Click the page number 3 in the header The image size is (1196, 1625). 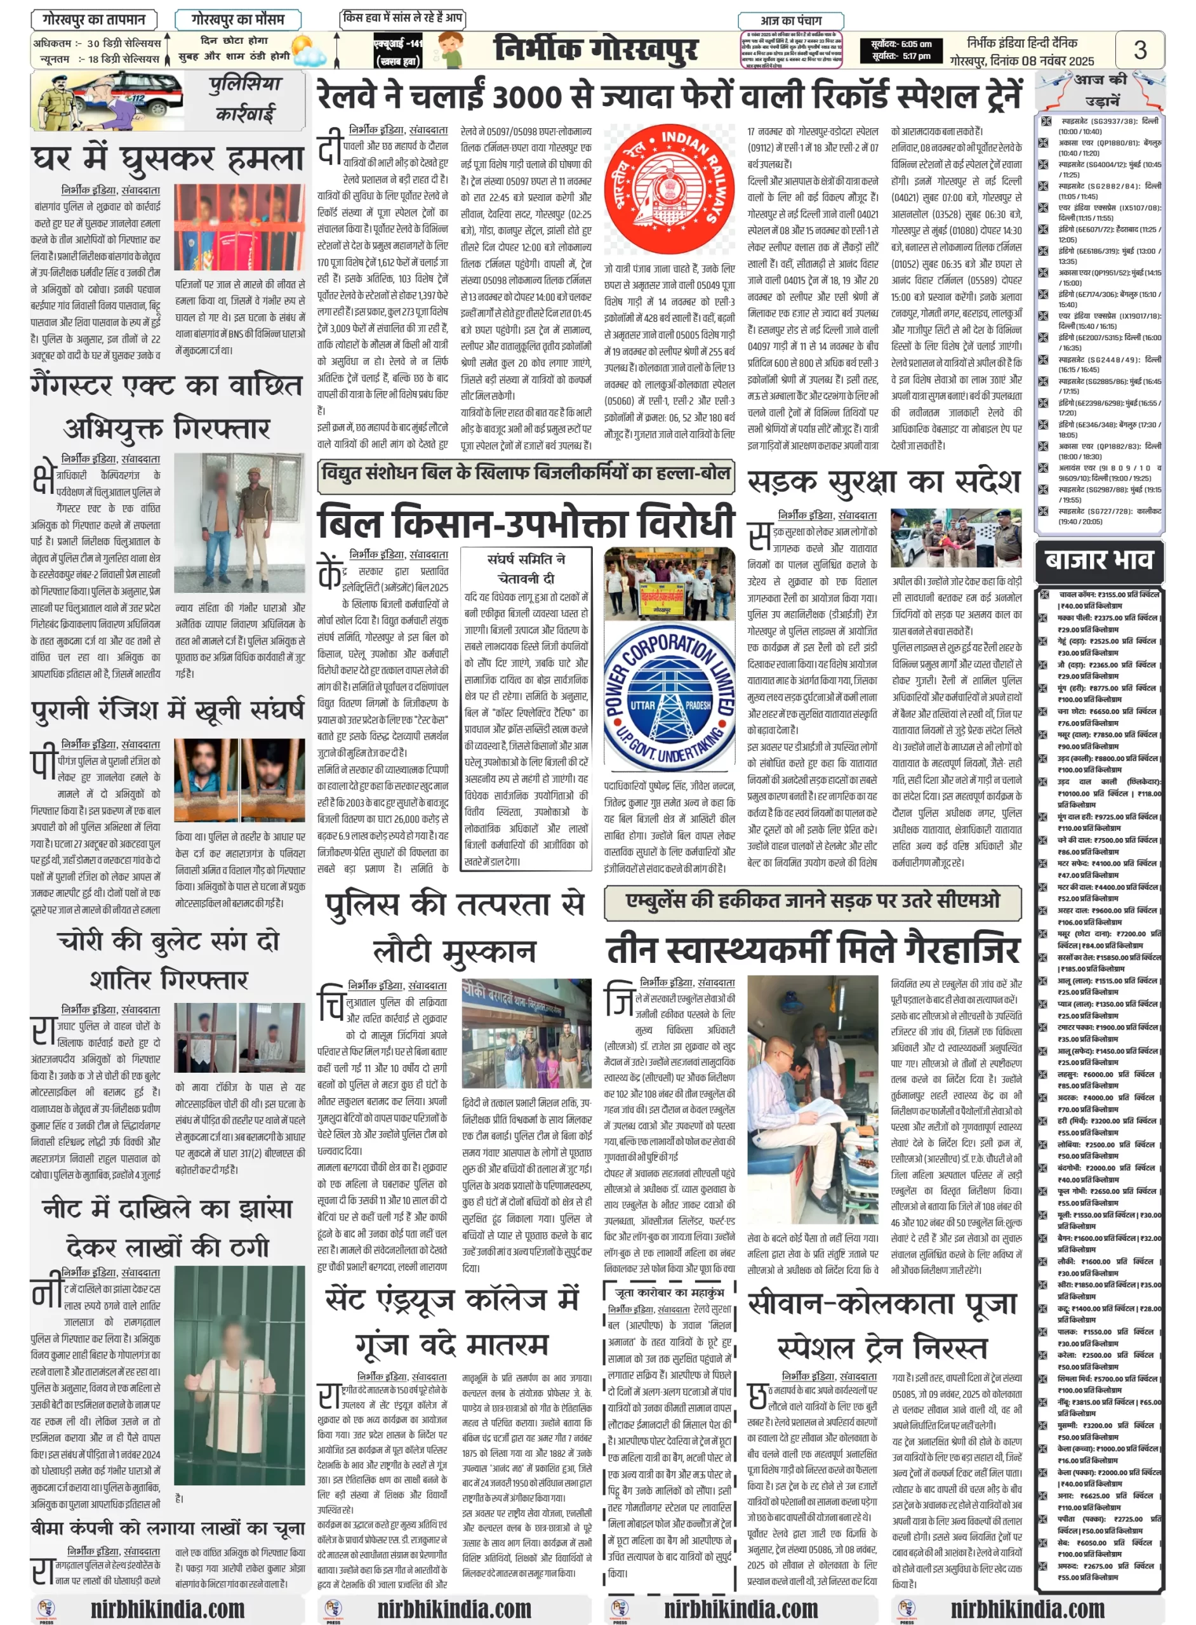1140,50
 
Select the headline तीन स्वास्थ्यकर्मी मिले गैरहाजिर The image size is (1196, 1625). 813,950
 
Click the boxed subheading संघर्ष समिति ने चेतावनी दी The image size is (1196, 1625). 526,568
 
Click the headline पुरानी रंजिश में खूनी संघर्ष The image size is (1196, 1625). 168,710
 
